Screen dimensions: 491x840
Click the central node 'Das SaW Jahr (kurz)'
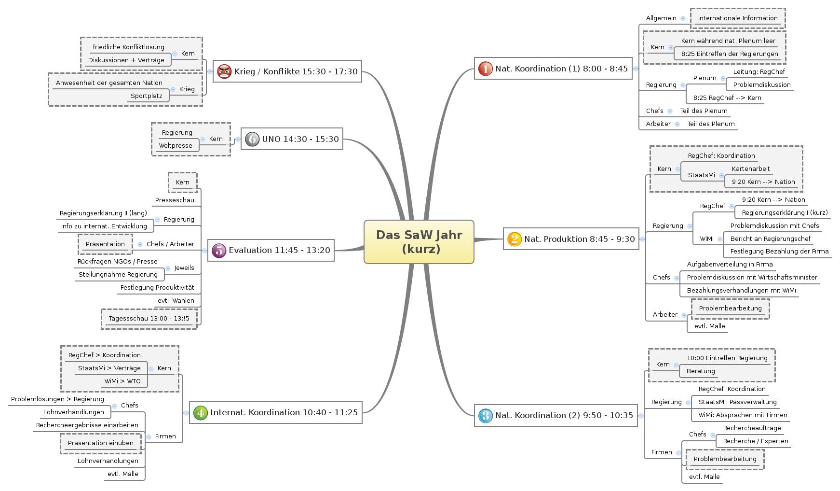click(x=419, y=242)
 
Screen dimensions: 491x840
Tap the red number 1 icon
click(x=485, y=69)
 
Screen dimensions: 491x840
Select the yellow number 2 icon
click(x=514, y=239)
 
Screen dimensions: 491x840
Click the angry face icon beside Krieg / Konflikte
click(x=224, y=71)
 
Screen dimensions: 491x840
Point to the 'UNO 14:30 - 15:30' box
click(x=292, y=139)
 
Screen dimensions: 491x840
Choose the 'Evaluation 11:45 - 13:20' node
click(x=271, y=250)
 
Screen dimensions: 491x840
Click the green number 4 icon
click(x=200, y=413)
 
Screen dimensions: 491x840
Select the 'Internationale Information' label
click(x=737, y=18)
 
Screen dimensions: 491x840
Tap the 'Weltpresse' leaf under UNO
click(x=176, y=146)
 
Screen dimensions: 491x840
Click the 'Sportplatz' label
click(x=147, y=96)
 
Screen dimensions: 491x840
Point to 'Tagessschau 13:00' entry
click(x=149, y=319)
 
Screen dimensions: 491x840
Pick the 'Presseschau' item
click(x=175, y=200)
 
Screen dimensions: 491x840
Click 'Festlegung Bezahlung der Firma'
click(x=779, y=252)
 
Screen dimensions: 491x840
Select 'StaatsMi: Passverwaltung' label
click(x=737, y=402)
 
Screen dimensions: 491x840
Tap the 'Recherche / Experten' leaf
click(x=755, y=441)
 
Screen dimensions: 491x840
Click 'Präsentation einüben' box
click(x=101, y=443)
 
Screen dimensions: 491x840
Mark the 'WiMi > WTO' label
click(x=122, y=381)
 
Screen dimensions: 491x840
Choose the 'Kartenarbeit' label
click(x=750, y=169)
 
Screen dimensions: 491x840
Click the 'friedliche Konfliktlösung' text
click(x=128, y=47)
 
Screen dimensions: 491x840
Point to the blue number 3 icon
click(x=485, y=415)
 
